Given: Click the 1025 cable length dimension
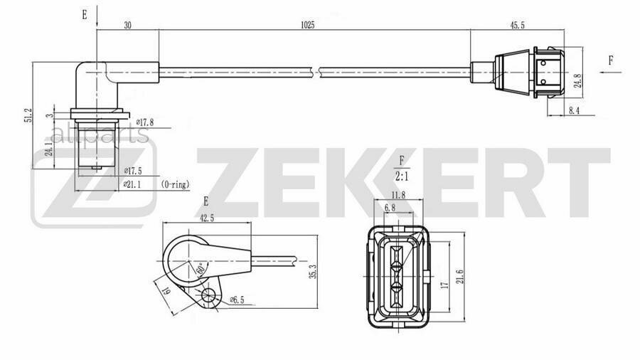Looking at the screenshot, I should [x=307, y=25].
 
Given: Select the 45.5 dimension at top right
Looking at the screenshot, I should [x=518, y=25].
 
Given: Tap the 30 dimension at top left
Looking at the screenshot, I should [x=127, y=25].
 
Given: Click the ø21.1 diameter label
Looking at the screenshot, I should [x=133, y=184].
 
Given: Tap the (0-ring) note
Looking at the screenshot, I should [x=176, y=184].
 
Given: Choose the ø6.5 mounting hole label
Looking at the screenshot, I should [x=237, y=301].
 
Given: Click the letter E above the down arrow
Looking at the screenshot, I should [x=85, y=14].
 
